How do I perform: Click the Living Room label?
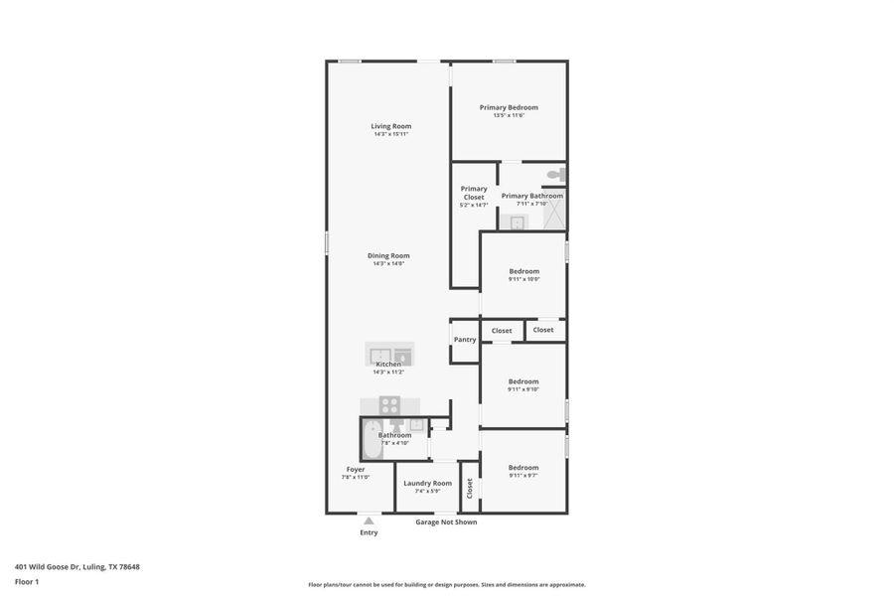pos(390,126)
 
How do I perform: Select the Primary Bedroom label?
pos(509,107)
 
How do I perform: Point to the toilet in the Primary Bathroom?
pos(555,175)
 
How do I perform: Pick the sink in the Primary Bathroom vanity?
pos(517,223)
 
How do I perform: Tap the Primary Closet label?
pos(474,193)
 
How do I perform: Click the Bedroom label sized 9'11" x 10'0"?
pos(523,271)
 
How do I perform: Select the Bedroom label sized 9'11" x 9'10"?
pos(523,381)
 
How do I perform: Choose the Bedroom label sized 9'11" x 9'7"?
pos(523,468)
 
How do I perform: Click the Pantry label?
pos(465,340)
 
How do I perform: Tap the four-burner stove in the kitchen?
pos(390,405)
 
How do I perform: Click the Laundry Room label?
pos(427,483)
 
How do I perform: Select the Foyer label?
pos(356,469)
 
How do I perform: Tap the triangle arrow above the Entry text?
pos(369,521)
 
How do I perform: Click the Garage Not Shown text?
pos(446,521)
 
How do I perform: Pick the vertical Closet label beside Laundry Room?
pos(470,488)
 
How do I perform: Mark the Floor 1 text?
pos(27,582)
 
